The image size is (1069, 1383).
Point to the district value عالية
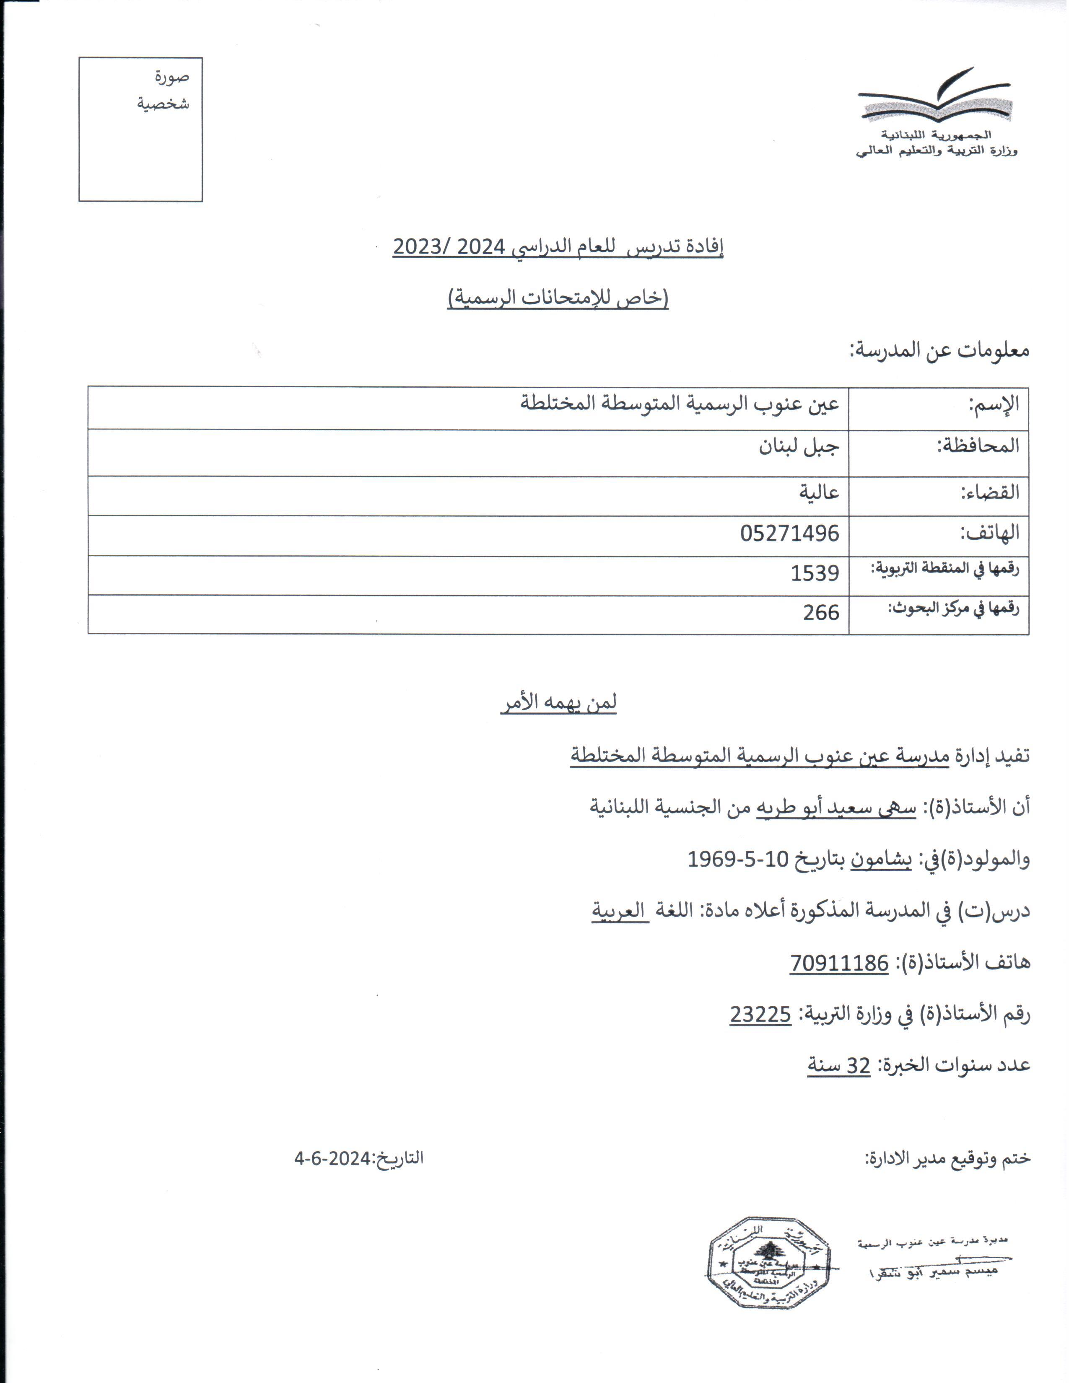pos(818,492)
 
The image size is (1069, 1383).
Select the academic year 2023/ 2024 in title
pos(449,247)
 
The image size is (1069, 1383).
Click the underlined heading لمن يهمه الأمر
pos(558,703)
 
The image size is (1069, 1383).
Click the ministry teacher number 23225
pos(760,1015)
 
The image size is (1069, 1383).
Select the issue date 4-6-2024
pos(332,1159)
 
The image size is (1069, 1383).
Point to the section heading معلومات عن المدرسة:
pos(939,350)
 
